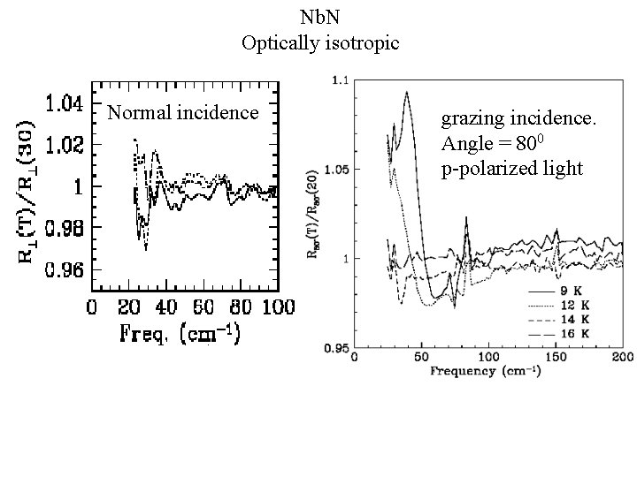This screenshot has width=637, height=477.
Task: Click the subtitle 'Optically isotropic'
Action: click(318, 41)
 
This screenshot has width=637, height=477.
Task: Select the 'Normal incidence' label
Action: click(182, 112)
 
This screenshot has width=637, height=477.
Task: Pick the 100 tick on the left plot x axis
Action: click(277, 307)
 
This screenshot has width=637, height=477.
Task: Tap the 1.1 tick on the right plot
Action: click(339, 80)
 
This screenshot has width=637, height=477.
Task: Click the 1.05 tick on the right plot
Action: click(336, 169)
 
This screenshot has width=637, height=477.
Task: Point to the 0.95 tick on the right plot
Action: click(336, 348)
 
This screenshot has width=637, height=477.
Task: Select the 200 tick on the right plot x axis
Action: click(622, 358)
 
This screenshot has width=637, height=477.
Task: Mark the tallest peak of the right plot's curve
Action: click(406, 92)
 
